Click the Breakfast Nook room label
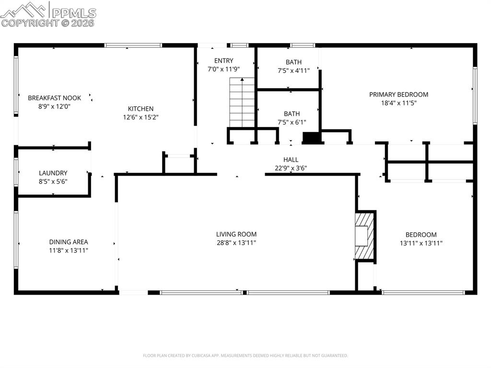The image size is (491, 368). [54, 98]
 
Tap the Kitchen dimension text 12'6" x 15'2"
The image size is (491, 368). [140, 117]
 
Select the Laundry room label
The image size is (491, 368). [53, 173]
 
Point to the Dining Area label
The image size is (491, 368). [69, 242]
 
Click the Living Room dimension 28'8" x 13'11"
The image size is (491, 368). [236, 243]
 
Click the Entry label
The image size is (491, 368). [223, 60]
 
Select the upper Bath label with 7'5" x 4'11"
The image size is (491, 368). [293, 62]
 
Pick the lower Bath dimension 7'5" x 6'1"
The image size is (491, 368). [292, 122]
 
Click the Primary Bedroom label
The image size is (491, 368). [398, 95]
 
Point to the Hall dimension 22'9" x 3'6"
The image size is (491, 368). [291, 168]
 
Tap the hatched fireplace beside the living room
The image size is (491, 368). [365, 236]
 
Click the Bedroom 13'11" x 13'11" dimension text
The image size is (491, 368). [421, 243]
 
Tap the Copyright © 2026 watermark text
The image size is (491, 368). [47, 23]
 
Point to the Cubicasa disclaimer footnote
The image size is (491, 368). [245, 356]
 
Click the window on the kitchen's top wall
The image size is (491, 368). [133, 46]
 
